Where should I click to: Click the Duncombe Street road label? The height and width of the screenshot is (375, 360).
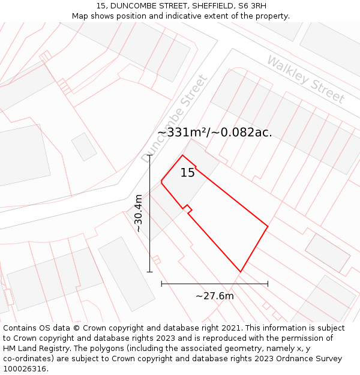point(175,118)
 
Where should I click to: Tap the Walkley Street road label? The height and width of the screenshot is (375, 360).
point(306,79)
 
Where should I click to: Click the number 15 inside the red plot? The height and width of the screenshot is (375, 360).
point(188,173)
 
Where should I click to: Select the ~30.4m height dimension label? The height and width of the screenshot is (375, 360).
point(139,213)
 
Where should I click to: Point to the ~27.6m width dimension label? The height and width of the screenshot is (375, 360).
point(215,295)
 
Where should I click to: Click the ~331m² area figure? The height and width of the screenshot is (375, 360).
point(182,133)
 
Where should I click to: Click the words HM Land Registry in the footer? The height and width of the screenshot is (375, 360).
point(35,349)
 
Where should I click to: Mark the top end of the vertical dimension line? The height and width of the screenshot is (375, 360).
point(150,155)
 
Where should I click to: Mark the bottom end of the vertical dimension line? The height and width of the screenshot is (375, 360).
point(150,272)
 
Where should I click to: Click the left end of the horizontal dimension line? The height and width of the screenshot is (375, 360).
point(161,283)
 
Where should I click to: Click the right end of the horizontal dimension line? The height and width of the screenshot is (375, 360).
point(268,283)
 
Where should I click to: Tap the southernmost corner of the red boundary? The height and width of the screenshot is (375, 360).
point(241,272)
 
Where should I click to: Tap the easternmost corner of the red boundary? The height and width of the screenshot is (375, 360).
point(268,227)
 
